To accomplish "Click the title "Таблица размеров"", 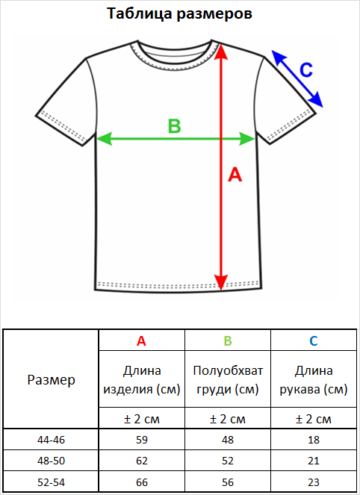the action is pyautogui.click(x=179, y=14).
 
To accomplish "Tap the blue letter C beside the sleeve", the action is pyautogui.click(x=306, y=70).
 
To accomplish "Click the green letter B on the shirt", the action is pyautogui.click(x=174, y=126).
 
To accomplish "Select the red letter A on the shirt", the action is pyautogui.click(x=235, y=175).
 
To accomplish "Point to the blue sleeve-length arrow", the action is pyautogui.click(x=297, y=78).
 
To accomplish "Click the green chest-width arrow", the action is pyautogui.click(x=176, y=139).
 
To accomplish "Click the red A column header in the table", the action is pyautogui.click(x=141, y=341).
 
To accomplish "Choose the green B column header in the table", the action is pyautogui.click(x=228, y=341).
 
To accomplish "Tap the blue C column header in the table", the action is pyautogui.click(x=314, y=341).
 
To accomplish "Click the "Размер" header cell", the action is pyautogui.click(x=51, y=380).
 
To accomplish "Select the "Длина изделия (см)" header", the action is pyautogui.click(x=142, y=380).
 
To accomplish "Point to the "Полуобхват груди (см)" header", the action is pyautogui.click(x=228, y=380).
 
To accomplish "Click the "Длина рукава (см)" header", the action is pyautogui.click(x=314, y=380).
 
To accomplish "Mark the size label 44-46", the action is pyautogui.click(x=51, y=440).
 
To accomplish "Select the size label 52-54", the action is pyautogui.click(x=51, y=482).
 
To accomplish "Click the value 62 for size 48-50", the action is pyautogui.click(x=142, y=461).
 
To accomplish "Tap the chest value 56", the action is pyautogui.click(x=228, y=482).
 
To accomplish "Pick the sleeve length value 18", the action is pyautogui.click(x=314, y=440).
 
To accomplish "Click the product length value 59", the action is pyautogui.click(x=142, y=440).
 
